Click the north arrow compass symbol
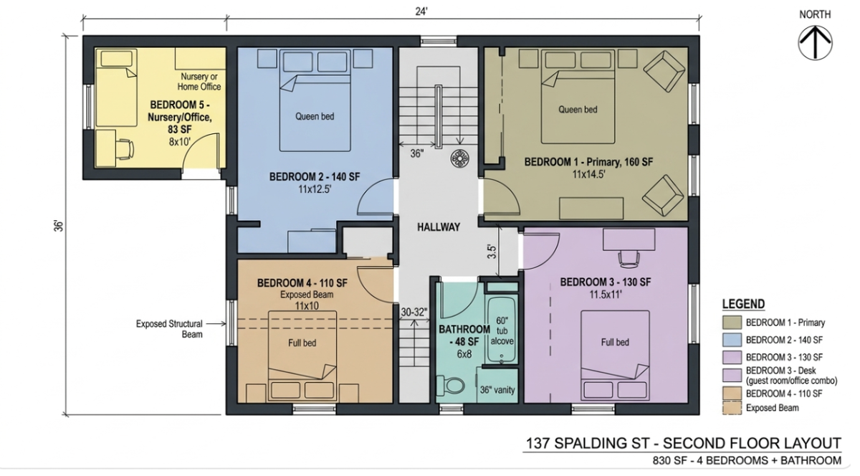pyautogui.click(x=815, y=43)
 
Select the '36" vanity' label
pyautogui.click(x=497, y=390)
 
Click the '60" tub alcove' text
pyautogui.click(x=502, y=330)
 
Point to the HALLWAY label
pyautogui.click(x=439, y=227)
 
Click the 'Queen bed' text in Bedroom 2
pyautogui.click(x=315, y=116)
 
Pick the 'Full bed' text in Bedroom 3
pyautogui.click(x=615, y=343)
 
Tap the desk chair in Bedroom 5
pyautogui.click(x=125, y=148)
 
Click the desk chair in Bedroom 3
pyautogui.click(x=629, y=259)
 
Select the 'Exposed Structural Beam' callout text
pyautogui.click(x=169, y=329)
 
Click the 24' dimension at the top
pyautogui.click(x=421, y=11)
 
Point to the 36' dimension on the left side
pyautogui.click(x=58, y=226)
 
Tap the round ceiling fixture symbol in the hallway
pyautogui.click(x=459, y=158)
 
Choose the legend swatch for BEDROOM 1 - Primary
pyautogui.click(x=732, y=323)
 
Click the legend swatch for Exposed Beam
pyautogui.click(x=732, y=408)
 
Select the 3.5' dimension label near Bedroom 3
pyautogui.click(x=492, y=252)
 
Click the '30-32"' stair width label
pyautogui.click(x=414, y=312)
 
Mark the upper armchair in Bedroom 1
pyautogui.click(x=664, y=72)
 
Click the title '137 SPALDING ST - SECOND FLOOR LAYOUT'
pyautogui.click(x=683, y=443)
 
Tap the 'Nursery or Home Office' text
pyautogui.click(x=199, y=82)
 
